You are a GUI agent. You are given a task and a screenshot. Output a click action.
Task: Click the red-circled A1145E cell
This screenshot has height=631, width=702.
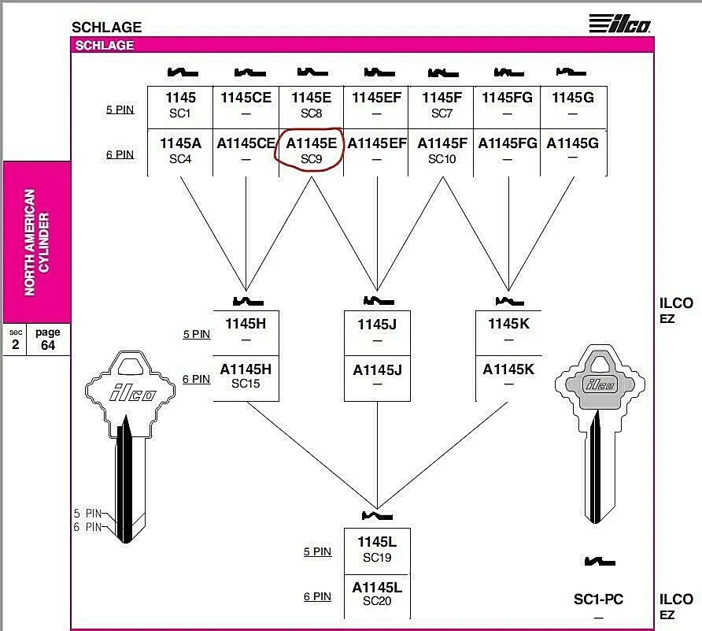pos(311,150)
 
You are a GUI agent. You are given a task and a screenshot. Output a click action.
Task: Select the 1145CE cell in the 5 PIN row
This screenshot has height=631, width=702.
pos(246,106)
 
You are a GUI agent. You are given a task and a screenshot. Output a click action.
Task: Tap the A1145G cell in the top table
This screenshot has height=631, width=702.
pos(573,150)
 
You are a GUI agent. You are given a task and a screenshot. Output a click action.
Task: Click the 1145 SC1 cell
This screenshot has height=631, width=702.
pos(180,106)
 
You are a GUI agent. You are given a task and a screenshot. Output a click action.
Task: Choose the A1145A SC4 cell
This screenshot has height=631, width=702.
pos(180,150)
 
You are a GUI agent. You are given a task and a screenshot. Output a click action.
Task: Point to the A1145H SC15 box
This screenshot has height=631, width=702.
pos(246,377)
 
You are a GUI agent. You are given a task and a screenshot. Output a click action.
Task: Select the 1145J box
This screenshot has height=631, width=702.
pos(377,332)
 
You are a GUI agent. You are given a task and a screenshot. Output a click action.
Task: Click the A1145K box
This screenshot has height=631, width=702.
pos(508,377)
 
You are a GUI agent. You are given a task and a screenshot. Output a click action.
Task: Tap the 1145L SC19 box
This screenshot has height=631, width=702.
pos(377,550)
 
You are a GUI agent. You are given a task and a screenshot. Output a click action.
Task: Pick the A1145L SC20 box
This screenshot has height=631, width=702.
pos(377,595)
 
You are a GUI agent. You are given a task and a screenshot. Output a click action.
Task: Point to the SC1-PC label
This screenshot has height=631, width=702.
pos(598,600)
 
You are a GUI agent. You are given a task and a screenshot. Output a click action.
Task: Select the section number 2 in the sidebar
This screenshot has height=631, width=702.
pos(16,344)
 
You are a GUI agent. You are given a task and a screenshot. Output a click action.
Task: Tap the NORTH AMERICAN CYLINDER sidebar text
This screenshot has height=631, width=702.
pos(37,242)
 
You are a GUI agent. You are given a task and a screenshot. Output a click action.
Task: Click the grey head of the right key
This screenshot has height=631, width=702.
pos(602,382)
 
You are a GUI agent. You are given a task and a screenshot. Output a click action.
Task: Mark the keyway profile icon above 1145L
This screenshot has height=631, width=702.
pos(377,516)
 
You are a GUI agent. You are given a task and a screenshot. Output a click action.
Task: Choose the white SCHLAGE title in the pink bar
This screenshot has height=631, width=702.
pos(105,46)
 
